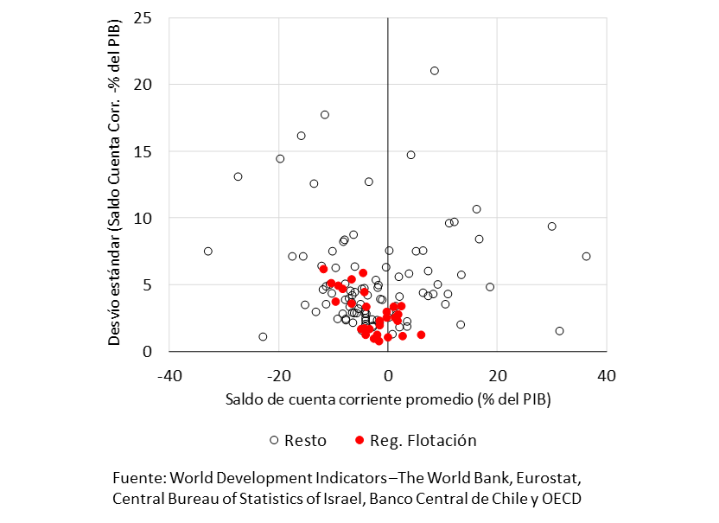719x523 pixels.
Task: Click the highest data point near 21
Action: click(435, 71)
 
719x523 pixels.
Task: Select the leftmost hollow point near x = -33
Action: click(207, 252)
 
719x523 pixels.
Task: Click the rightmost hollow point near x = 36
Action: click(586, 257)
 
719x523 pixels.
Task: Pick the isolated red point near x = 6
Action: click(421, 335)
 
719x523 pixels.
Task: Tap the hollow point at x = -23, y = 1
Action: click(263, 337)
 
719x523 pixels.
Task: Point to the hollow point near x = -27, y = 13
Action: click(238, 176)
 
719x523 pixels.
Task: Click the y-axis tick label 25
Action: click(143, 18)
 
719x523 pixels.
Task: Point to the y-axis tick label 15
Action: click(143, 151)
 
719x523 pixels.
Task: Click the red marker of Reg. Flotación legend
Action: click(359, 440)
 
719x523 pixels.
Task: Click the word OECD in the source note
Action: click(561, 499)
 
